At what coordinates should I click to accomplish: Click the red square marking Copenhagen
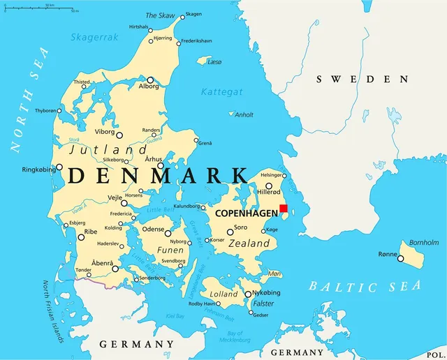pyautogui.click(x=283, y=208)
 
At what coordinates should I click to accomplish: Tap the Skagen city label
pyautogui.click(x=194, y=14)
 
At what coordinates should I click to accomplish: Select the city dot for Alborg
pyautogui.click(x=150, y=80)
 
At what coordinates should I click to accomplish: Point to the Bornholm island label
pyautogui.click(x=424, y=242)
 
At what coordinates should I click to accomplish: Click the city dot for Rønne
pyautogui.click(x=401, y=258)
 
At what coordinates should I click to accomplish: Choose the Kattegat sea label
pyautogui.click(x=221, y=91)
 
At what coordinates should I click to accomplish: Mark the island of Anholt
pyautogui.click(x=231, y=114)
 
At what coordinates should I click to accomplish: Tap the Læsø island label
pyautogui.click(x=214, y=62)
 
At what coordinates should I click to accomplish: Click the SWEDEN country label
pyautogui.click(x=362, y=80)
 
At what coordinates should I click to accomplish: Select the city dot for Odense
pyautogui.click(x=168, y=231)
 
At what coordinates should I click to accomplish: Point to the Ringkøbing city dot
pyautogui.click(x=59, y=167)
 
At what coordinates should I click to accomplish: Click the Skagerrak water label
pyautogui.click(x=94, y=38)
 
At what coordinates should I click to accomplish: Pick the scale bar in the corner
pyautogui.click(x=41, y=7)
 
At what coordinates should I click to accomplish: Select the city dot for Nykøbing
pyautogui.click(x=247, y=294)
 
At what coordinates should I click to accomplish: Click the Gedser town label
pyautogui.click(x=259, y=315)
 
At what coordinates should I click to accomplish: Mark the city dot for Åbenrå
pyautogui.click(x=115, y=268)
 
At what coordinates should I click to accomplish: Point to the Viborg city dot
pyautogui.click(x=119, y=135)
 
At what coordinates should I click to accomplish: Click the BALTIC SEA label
pyautogui.click(x=365, y=286)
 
